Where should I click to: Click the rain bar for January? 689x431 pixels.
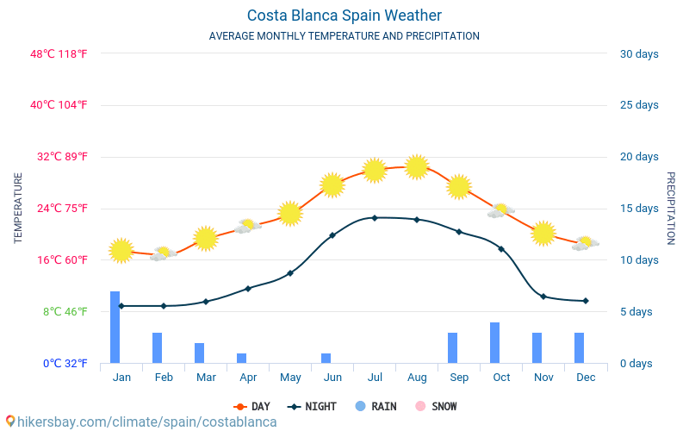click(x=115, y=328)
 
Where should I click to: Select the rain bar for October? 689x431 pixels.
click(x=495, y=343)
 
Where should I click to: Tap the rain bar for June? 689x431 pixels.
click(x=326, y=358)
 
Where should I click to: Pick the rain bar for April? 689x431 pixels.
click(x=241, y=358)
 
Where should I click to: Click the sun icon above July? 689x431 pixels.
click(x=374, y=170)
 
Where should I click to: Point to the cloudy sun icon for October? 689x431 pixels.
click(x=500, y=210)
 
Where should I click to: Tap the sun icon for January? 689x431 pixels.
click(x=121, y=250)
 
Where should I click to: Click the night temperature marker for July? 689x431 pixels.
click(x=374, y=217)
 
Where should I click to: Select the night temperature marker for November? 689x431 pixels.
click(x=543, y=297)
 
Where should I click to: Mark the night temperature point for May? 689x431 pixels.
click(x=290, y=273)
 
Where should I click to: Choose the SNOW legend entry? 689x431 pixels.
click(x=437, y=406)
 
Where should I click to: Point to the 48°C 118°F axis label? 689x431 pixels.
click(x=59, y=53)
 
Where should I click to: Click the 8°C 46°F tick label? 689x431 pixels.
click(x=66, y=311)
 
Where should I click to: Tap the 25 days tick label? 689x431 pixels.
click(x=639, y=105)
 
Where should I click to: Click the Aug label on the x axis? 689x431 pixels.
click(x=417, y=378)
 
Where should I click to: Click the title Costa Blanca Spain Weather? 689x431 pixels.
click(x=344, y=16)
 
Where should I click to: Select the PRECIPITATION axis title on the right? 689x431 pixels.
click(x=671, y=208)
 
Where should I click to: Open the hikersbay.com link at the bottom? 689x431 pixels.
click(x=142, y=422)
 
